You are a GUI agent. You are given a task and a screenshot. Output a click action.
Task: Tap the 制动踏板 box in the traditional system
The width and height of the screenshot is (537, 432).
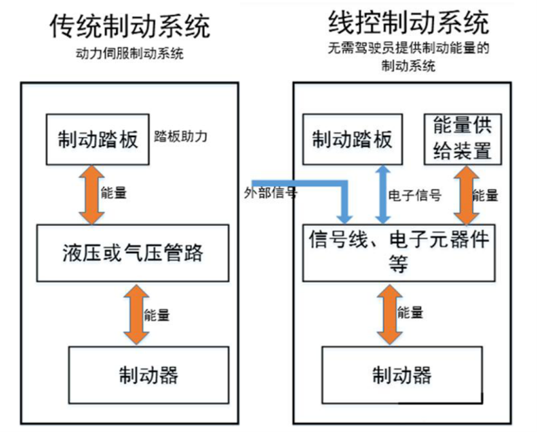[97, 138]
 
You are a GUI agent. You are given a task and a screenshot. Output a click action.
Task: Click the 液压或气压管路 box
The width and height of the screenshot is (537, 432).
[133, 252]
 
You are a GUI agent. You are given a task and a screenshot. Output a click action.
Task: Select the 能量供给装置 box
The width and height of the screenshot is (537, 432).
[459, 138]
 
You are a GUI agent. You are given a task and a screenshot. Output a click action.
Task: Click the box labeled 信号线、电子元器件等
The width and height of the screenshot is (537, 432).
[399, 252]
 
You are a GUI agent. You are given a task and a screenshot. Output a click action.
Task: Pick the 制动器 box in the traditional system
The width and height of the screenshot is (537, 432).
[148, 373]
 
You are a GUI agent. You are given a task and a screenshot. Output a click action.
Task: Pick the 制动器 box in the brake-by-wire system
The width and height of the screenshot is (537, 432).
[402, 373]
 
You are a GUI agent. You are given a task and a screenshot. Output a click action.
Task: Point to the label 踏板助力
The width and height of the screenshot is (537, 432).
[182, 136]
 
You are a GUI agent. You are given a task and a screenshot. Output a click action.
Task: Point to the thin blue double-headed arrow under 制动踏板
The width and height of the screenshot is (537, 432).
[382, 193]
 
